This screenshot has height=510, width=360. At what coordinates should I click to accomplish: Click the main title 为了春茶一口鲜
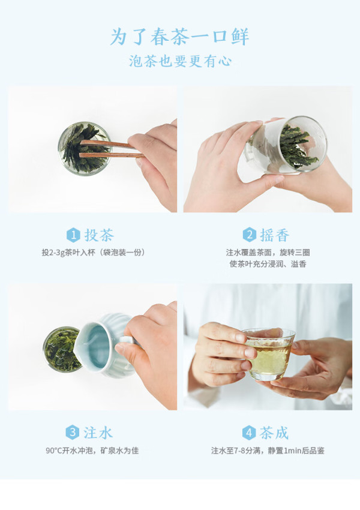[180, 37]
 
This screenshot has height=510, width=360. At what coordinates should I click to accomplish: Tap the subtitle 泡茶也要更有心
[180, 61]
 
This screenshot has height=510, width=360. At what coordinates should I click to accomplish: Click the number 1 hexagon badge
[73, 235]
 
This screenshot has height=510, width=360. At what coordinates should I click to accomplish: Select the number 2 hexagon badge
[249, 235]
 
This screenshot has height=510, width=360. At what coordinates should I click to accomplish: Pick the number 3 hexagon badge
[72, 433]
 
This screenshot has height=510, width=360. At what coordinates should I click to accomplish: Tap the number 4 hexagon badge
[249, 433]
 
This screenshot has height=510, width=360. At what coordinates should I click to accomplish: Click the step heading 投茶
[99, 235]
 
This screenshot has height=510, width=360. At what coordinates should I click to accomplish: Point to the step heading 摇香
[274, 235]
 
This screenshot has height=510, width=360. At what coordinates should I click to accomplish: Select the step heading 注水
[98, 433]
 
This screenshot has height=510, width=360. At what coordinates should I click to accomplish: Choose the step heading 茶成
[274, 433]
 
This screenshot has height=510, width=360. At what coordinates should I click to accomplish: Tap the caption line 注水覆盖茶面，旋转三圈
[268, 253]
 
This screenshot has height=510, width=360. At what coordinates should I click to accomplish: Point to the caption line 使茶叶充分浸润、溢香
[268, 264]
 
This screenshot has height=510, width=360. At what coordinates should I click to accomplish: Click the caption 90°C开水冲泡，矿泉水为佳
[92, 451]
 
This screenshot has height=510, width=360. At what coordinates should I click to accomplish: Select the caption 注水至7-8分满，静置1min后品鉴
[268, 451]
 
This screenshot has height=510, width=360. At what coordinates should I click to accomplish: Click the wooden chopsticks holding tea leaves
[112, 149]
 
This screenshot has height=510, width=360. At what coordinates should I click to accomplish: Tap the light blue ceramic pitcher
[107, 346]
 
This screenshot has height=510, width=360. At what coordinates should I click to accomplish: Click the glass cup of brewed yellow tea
[269, 354]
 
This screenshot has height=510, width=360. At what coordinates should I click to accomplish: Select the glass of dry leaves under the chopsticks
[85, 149]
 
